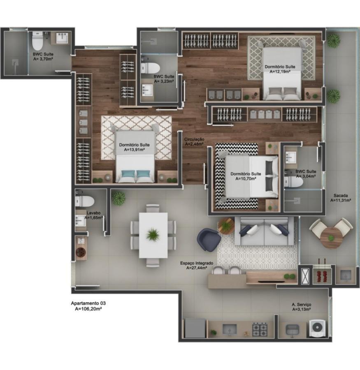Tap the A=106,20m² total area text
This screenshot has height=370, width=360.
[x=88, y=308]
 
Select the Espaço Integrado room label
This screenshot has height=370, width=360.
[x=196, y=263]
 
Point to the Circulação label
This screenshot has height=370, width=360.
[x=194, y=139]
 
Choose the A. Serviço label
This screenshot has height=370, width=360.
[x=301, y=305]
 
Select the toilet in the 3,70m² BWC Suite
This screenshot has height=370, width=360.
[x=38, y=41]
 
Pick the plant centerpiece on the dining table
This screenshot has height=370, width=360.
[x=153, y=235]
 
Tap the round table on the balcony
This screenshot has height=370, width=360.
[x=331, y=236]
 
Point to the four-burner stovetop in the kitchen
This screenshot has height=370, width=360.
[x=260, y=329]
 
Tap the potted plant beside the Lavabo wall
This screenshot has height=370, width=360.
[x=119, y=198]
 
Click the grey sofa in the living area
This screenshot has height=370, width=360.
[x=264, y=231]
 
